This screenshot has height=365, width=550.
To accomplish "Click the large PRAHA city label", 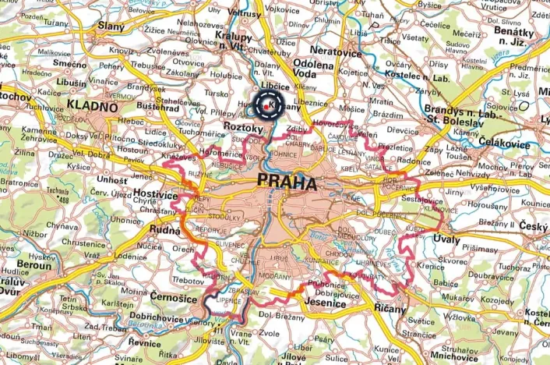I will coord(286,185).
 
